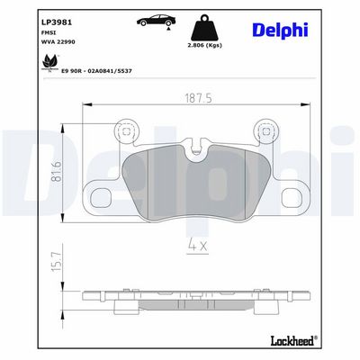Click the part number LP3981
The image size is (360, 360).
point(56,22)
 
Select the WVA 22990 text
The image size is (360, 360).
point(58,42)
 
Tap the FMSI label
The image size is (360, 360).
point(46,32)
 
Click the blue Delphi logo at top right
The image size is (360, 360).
point(280,31)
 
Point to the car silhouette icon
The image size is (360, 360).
point(157,21)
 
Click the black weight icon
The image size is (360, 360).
point(204,28)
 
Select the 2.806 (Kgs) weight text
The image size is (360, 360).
point(204,46)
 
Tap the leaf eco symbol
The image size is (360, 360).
point(49,62)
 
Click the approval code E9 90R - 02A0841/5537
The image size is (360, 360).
point(96,71)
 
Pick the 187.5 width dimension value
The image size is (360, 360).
point(198,98)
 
